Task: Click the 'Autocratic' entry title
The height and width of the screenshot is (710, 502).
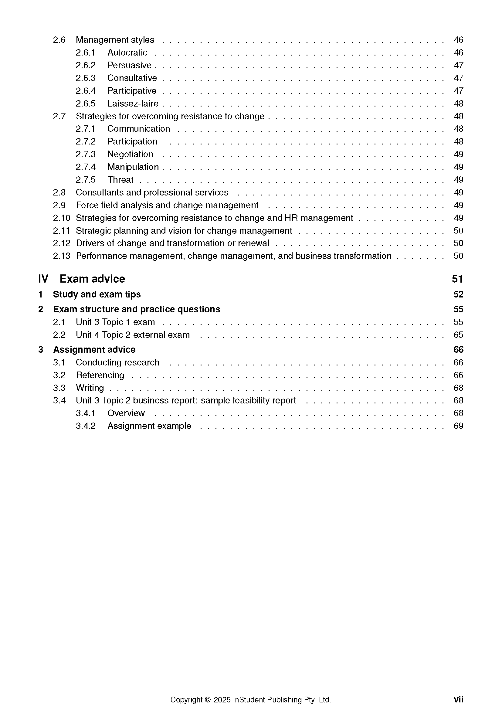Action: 127,53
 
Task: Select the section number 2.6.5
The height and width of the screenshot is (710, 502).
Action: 86,103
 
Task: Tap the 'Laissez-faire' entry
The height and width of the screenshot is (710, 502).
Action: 133,103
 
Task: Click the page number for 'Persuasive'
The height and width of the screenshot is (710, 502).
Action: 458,65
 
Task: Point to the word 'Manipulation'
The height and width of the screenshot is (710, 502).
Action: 133,167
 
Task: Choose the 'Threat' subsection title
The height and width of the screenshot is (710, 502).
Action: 120,180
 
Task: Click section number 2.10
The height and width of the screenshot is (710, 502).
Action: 62,218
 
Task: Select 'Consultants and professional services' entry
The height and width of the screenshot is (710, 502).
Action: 152,192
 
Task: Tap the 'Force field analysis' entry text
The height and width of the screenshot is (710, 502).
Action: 167,205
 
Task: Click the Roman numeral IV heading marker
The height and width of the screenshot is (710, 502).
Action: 43,279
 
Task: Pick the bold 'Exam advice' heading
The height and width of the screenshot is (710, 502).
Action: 93,279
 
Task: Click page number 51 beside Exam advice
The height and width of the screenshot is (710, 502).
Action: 457,279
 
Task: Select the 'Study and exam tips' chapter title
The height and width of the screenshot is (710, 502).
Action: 97,294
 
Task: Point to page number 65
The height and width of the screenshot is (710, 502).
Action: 458,335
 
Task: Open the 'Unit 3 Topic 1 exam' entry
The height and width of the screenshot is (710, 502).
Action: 115,322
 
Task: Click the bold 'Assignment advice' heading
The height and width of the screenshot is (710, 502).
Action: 94,350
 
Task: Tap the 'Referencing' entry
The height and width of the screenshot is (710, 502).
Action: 100,375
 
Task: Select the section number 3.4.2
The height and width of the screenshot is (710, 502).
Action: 86,426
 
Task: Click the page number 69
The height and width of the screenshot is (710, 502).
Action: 458,426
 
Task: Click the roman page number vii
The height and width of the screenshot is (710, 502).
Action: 458,699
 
